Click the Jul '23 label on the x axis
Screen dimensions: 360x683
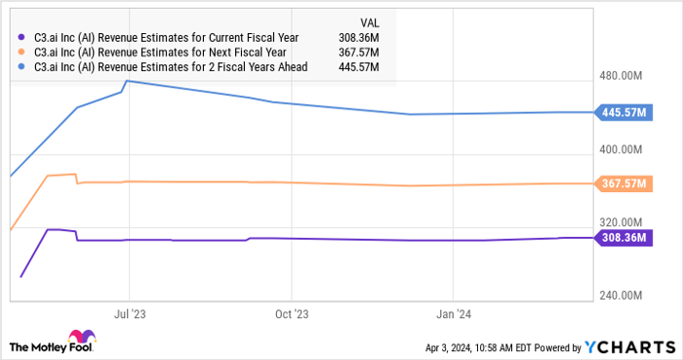(x=130, y=314)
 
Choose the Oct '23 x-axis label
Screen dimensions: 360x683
(x=291, y=314)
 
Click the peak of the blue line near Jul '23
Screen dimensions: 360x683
(x=128, y=81)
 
